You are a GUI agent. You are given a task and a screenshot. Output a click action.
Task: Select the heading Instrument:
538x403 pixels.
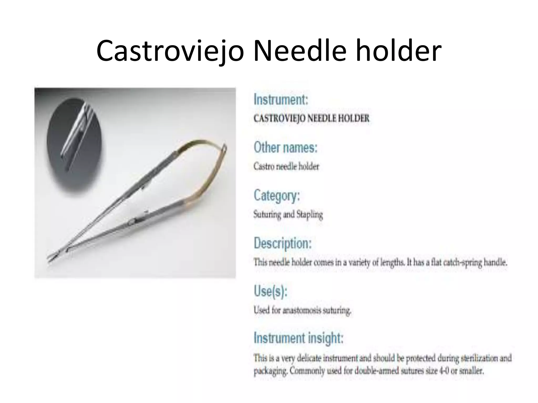pos(281,100)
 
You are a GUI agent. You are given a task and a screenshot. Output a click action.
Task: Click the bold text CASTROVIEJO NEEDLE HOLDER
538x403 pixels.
pos(311,118)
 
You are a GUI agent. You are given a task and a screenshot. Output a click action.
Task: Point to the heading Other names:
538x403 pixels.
pos(286,147)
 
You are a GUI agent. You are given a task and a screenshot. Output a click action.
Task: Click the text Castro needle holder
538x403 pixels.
pos(286,166)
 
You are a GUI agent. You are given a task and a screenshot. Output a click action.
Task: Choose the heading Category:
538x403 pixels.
pos(277,196)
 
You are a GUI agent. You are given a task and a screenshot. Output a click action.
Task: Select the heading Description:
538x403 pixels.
pos(283,243)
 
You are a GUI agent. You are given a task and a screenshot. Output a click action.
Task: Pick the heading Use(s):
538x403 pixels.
pos(271,291)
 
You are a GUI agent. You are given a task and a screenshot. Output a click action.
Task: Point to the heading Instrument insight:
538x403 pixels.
pos(298,338)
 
